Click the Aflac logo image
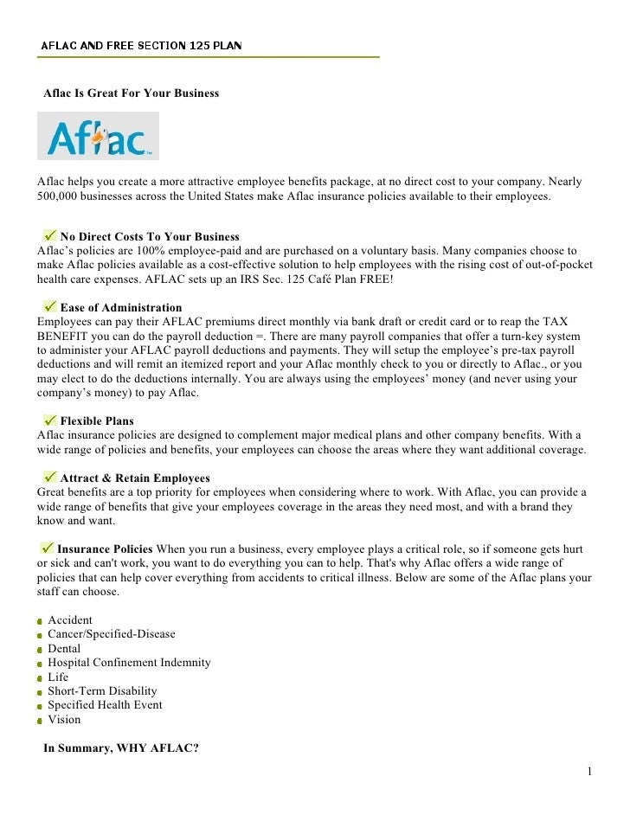click(x=98, y=136)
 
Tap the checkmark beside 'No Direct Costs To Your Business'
click(x=49, y=235)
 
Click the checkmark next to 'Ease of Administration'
click(x=49, y=306)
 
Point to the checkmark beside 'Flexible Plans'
click(x=49, y=420)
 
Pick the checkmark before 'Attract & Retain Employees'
click(x=49, y=477)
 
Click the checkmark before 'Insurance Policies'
click(x=48, y=549)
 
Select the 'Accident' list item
click(x=70, y=620)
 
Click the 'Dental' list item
click(x=64, y=649)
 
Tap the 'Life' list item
click(x=58, y=677)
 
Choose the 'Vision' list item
click(x=64, y=720)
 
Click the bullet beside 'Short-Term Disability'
click(x=40, y=692)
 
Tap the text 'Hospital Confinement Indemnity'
click(x=129, y=663)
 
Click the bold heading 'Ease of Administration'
click(x=121, y=307)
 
